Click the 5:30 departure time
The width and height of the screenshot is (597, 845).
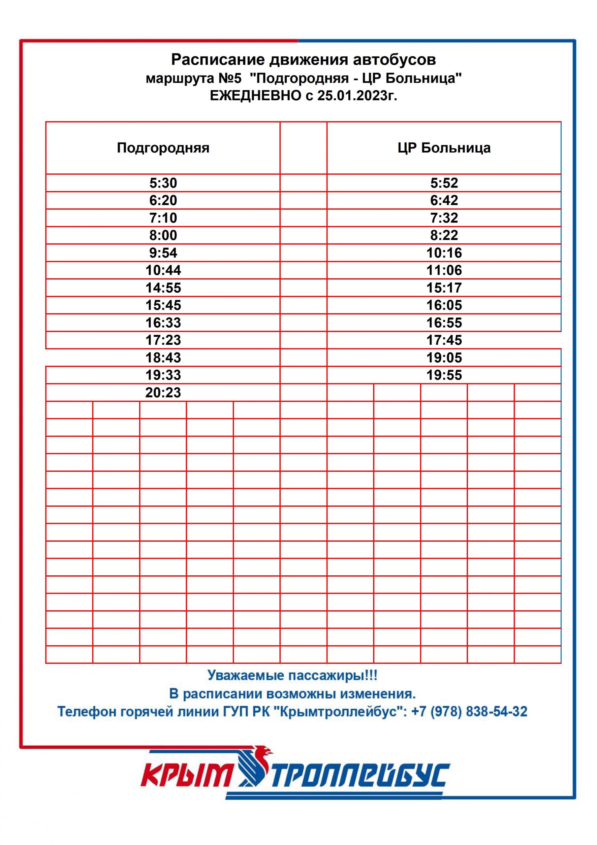[163, 183]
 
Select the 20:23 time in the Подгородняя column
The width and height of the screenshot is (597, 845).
[163, 392]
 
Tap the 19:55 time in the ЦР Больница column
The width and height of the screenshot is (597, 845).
[444, 375]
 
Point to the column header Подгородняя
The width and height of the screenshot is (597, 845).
[163, 148]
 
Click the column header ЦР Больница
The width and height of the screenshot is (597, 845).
[444, 148]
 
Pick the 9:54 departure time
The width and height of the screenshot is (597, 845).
[163, 253]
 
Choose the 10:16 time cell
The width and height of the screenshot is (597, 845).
[444, 253]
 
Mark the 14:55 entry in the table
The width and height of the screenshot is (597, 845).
[163, 288]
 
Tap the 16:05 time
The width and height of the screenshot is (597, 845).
[444, 305]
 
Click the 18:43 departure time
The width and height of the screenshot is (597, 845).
[163, 357]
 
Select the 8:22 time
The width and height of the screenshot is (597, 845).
[444, 235]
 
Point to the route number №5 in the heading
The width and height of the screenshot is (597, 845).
[230, 78]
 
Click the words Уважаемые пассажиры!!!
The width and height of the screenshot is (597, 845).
[293, 675]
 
